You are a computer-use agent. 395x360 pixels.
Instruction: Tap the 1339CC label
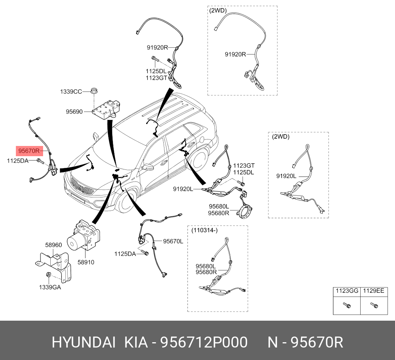pyautogui.click(x=71, y=92)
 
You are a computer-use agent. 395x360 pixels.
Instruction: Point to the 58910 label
pyautogui.click(x=86, y=262)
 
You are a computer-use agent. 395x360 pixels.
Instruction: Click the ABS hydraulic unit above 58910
pyautogui.click(x=83, y=237)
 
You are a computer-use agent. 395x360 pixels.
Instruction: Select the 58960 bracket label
pyautogui.click(x=53, y=245)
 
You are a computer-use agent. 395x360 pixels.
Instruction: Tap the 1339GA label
pyautogui.click(x=50, y=287)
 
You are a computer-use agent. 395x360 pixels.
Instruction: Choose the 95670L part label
pyautogui.click(x=173, y=241)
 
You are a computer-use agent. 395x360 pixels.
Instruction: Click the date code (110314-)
pyautogui.click(x=204, y=230)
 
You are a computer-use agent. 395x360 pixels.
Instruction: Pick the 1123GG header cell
pyautogui.click(x=346, y=291)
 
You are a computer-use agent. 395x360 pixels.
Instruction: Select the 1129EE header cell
pyautogui.click(x=373, y=291)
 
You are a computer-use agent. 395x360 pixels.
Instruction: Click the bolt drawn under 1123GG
pyautogui.click(x=347, y=305)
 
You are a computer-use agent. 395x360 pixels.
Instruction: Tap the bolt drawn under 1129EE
pyautogui.click(x=373, y=305)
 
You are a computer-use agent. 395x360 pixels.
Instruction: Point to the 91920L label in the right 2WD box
pyautogui.click(x=286, y=176)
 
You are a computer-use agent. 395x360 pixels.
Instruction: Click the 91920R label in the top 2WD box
pyautogui.click(x=235, y=54)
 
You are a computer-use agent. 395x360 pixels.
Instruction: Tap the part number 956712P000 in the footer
pyautogui.click(x=204, y=342)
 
